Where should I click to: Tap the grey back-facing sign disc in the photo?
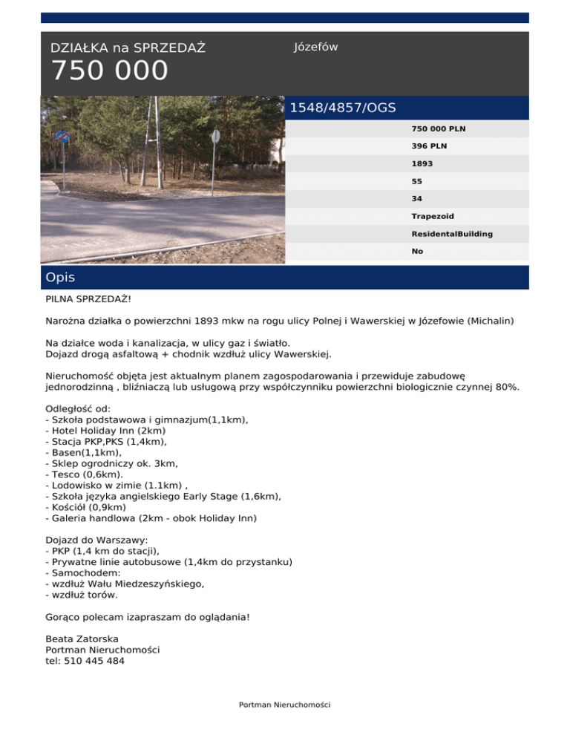(x=216, y=137)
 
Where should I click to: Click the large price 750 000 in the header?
(x=109, y=72)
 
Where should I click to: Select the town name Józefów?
(x=316, y=47)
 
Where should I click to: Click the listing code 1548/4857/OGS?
(x=342, y=108)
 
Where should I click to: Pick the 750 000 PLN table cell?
(x=439, y=128)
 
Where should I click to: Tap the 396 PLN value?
(x=430, y=146)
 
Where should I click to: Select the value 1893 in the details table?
(x=422, y=163)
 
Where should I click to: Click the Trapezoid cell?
(x=433, y=216)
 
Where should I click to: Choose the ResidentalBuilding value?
(x=452, y=234)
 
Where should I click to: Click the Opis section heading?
(x=60, y=278)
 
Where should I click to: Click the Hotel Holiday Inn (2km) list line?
(x=105, y=430)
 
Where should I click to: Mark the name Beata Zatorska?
(x=82, y=639)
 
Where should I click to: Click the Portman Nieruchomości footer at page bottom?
(x=284, y=705)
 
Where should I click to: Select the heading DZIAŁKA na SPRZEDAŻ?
(x=128, y=48)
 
